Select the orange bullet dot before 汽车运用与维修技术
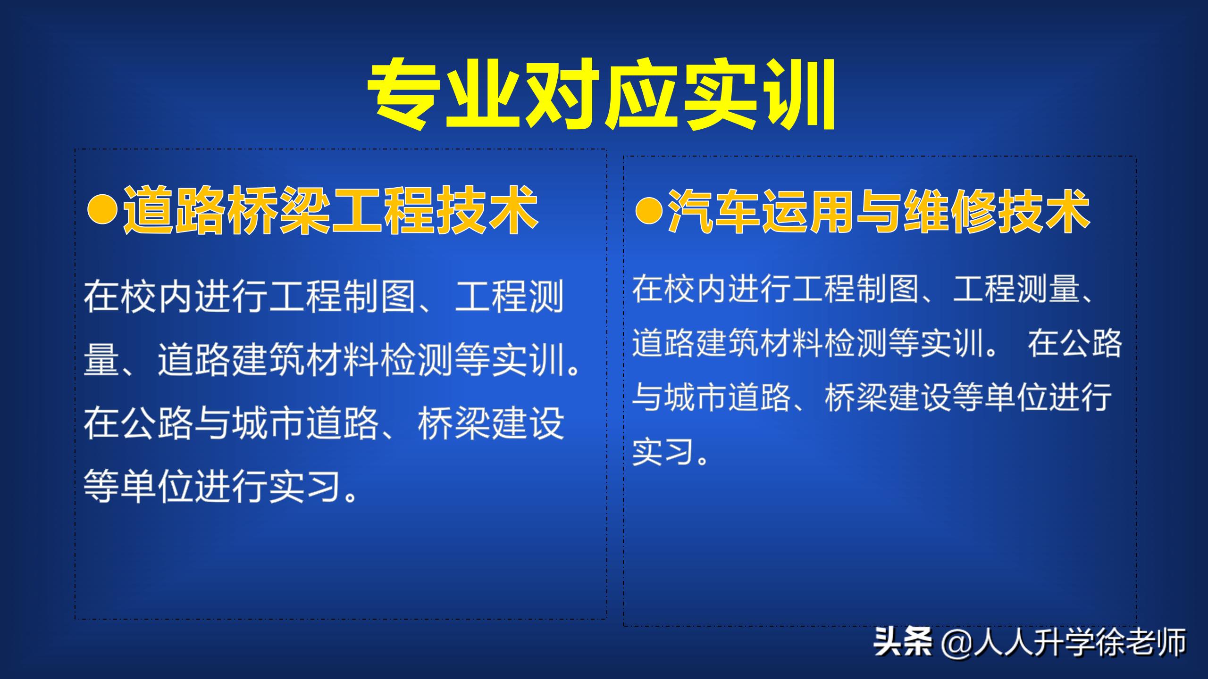point(649,211)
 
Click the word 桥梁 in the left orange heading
point(278,210)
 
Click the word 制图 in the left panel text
point(380,297)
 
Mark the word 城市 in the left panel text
point(269,423)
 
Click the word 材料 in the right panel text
point(791,343)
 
